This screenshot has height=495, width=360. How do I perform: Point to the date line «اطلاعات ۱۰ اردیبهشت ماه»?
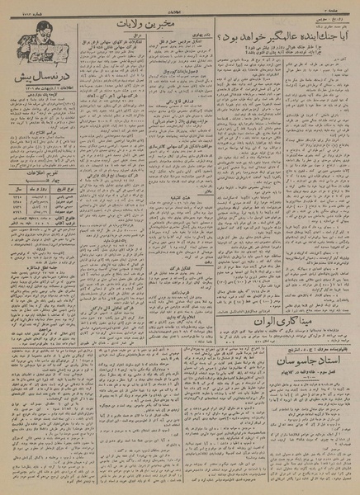(41, 86)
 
